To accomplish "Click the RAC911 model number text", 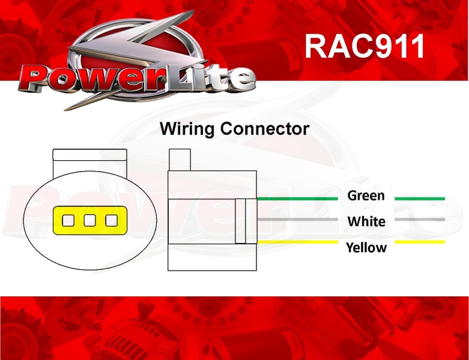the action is [x=365, y=46].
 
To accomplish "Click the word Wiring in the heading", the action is [x=187, y=129].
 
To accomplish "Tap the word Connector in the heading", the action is [x=265, y=129].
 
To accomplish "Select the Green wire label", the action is [x=366, y=196].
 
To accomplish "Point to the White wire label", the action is [x=366, y=221].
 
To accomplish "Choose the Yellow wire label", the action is [x=366, y=248].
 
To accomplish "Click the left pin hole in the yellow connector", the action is [x=68, y=220].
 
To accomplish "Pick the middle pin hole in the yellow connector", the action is [x=89, y=220].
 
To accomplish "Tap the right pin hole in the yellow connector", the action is [x=112, y=220].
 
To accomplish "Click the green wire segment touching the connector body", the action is [x=297, y=199].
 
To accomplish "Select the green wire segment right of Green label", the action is [x=420, y=199].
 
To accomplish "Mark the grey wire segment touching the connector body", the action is [x=297, y=219].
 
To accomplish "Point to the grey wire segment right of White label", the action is [x=420, y=219].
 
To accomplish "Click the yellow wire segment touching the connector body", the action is [x=297, y=242].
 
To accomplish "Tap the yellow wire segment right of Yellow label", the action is [x=420, y=242].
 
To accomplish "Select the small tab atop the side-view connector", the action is [x=180, y=160].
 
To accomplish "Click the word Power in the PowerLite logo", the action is [x=91, y=78].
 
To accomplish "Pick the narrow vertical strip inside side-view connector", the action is [x=240, y=221].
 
